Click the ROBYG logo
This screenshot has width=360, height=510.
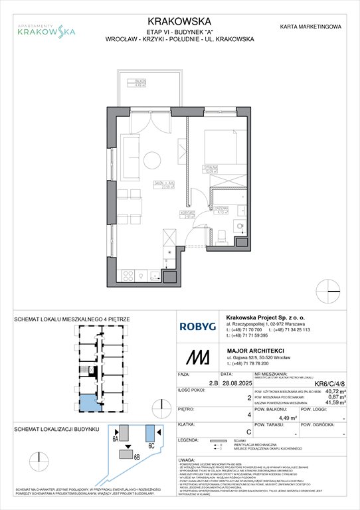[x=197, y=326]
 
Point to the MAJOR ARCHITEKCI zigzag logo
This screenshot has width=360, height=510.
[x=197, y=359]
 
